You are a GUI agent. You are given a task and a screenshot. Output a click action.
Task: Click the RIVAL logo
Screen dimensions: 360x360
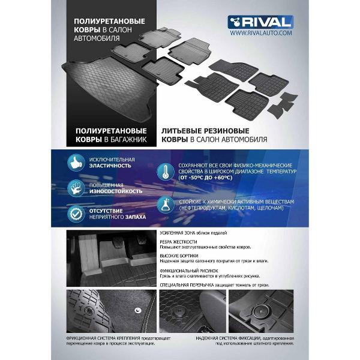tap(260, 22)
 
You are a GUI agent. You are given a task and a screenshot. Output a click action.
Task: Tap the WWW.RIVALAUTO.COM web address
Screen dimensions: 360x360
tap(260, 33)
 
